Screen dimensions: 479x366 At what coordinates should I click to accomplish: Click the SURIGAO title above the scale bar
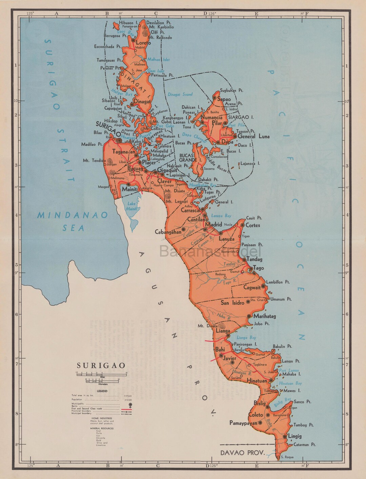[101, 366]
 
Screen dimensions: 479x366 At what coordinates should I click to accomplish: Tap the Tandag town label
[255, 259]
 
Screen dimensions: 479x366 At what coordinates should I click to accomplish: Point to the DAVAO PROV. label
[242, 453]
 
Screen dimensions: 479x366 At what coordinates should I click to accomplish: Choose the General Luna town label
[253, 136]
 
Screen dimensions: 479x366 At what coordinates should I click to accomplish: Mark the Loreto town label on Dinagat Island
[143, 43]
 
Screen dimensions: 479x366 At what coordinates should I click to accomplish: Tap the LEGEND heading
[102, 391]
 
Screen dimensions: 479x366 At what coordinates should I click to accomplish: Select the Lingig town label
[294, 436]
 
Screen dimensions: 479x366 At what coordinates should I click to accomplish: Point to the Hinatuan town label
[257, 381]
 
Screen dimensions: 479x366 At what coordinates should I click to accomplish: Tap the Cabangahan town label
[168, 232]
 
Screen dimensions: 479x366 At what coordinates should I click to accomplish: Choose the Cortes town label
[253, 225]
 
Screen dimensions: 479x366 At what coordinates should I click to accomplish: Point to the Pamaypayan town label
[243, 423]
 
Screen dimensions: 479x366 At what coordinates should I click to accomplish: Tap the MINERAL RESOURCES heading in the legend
[102, 428]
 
